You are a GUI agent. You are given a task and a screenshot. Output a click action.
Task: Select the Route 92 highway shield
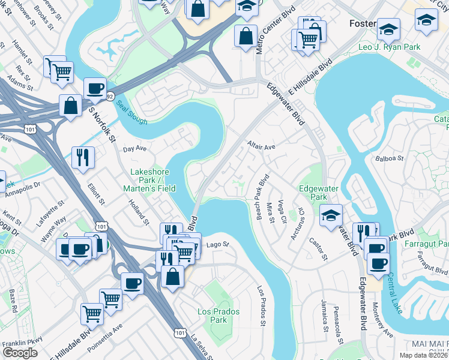point(110,95)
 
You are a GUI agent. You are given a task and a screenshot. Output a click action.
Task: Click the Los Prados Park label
point(218,316)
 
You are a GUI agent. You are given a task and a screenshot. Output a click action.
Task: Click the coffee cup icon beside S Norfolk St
point(95,89)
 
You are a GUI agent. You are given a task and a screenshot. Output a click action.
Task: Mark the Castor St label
point(318,249)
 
